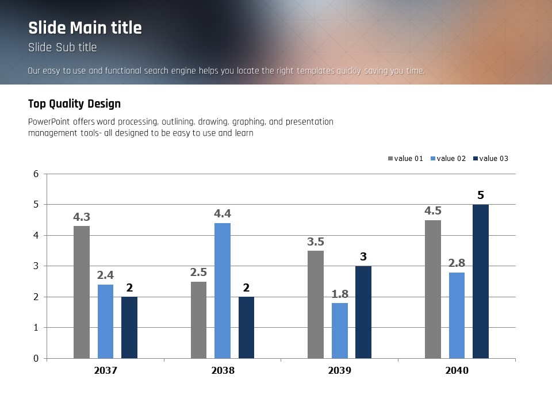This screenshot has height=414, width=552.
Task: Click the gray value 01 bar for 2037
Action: click(82, 292)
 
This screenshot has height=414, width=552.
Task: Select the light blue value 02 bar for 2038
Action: click(223, 290)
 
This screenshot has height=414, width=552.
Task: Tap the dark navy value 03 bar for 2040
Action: click(481, 281)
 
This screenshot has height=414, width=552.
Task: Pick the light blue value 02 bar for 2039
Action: click(340, 331)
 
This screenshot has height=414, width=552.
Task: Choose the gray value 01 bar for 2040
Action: click(433, 289)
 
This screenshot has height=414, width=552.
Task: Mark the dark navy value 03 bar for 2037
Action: click(129, 327)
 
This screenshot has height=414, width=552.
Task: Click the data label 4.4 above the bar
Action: click(223, 214)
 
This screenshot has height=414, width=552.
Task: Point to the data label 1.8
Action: click(340, 294)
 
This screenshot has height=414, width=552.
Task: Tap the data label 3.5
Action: click(316, 241)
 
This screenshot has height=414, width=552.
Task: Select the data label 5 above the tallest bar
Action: click(481, 195)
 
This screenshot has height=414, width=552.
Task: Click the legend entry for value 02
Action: click(451, 159)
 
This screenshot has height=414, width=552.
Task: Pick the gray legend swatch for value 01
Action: click(391, 159)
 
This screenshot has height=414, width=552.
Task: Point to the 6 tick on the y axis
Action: click(36, 174)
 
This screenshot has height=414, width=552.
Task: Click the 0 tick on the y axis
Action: click(36, 359)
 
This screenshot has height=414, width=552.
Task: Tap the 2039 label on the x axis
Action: click(340, 371)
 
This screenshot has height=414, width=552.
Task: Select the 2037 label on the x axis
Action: click(105, 371)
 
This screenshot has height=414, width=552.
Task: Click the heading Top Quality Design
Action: click(74, 104)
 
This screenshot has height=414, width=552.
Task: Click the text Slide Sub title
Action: click(62, 47)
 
